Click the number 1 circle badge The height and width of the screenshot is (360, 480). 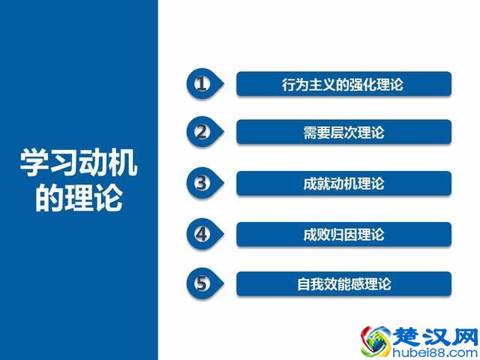200,83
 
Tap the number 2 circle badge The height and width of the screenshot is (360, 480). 200,132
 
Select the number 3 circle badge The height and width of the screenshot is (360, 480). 200,183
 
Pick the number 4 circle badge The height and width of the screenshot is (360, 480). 200,233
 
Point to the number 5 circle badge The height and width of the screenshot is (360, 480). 200,283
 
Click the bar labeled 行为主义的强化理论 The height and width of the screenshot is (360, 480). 343,84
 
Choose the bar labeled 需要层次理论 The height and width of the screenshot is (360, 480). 343,133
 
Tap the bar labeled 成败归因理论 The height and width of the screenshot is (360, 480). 343,234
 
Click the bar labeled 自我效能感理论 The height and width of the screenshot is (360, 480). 343,284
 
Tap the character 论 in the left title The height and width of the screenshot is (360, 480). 107,199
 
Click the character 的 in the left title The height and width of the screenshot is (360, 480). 49,199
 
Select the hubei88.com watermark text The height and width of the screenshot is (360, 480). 435,351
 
